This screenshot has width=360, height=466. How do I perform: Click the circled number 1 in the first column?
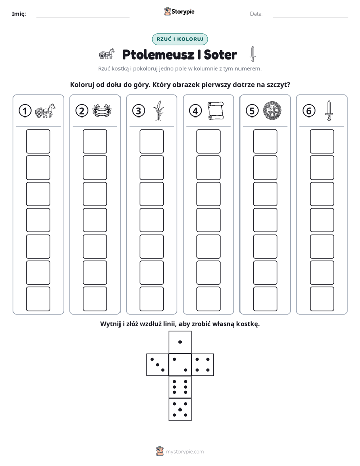pos(25,111)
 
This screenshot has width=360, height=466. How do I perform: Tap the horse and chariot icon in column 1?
pos(45,110)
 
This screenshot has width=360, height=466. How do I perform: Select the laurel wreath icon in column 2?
pos(102,110)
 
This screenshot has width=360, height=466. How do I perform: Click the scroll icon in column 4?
pos(216,110)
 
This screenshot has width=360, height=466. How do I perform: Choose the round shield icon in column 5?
pos(272,110)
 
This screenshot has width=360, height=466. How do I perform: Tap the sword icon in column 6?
pos(329,110)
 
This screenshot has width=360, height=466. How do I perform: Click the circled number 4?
pos(195,111)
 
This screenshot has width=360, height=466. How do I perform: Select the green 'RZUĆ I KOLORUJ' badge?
pos(179,39)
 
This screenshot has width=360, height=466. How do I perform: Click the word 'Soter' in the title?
pos(220,54)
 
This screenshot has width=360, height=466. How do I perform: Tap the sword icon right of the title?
pos(253,54)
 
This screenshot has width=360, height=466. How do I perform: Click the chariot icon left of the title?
pos(107,54)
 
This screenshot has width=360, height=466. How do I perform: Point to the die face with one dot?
pos(180,342)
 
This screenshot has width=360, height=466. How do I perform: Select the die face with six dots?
pos(180,387)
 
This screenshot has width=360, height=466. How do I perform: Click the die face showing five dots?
pos(180,410)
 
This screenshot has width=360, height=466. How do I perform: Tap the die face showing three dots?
pos(158,365)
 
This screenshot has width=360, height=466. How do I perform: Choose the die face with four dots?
pos(203,365)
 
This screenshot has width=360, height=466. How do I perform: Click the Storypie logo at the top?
pos(179,11)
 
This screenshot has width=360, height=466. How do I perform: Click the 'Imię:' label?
pos(19,14)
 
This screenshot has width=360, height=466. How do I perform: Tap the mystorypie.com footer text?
pos(185,452)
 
